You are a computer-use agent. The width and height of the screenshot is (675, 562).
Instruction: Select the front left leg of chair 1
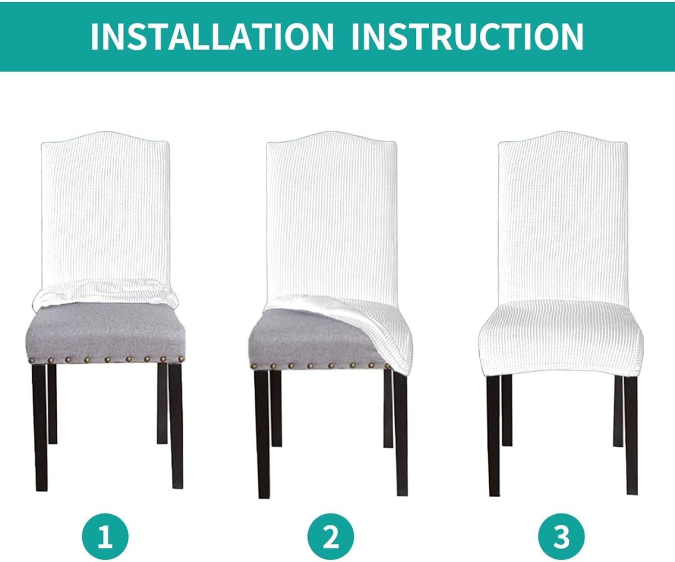(x=40, y=427)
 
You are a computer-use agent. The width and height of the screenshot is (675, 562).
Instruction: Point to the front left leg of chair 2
(x=262, y=433)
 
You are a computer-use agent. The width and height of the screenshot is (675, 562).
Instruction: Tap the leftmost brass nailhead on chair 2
(x=254, y=366)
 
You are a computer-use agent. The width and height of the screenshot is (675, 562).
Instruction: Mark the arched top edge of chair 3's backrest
(x=562, y=133)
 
